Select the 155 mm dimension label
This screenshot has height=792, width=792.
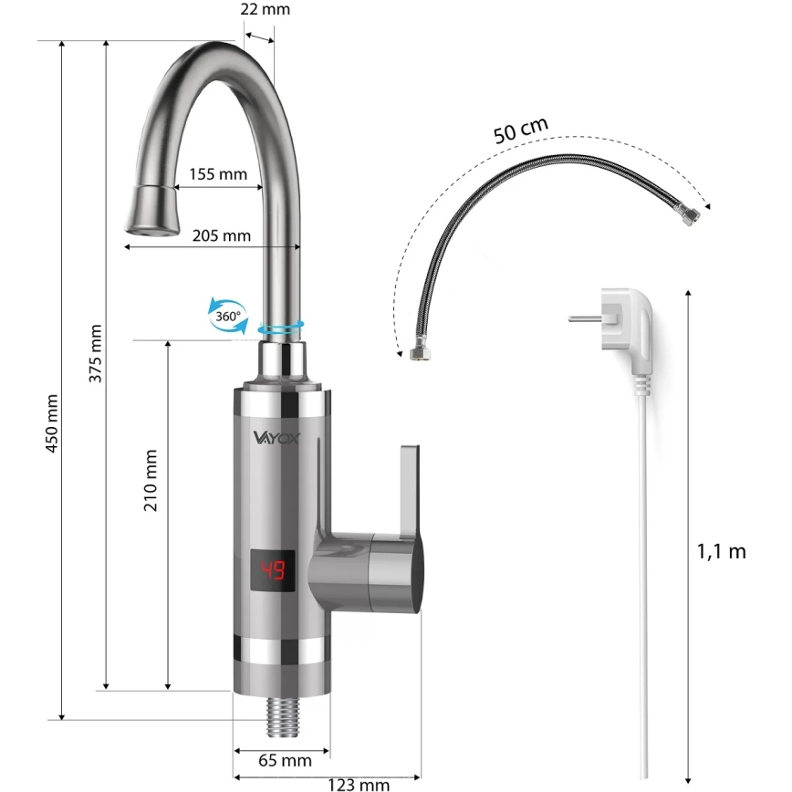218,174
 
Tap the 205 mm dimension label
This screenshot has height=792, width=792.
221,235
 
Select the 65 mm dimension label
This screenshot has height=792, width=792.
284,760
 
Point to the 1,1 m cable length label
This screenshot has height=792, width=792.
721,551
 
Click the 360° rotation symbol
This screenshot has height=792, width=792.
228,316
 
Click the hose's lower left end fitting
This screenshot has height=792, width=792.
419,352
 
